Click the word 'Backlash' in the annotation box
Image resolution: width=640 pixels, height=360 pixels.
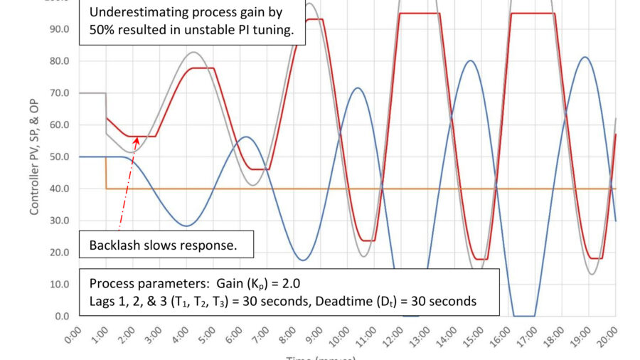pos(116,246)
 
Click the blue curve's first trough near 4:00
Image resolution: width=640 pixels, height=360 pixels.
pos(186,226)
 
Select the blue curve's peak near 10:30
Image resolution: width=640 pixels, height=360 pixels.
pos(358,88)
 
